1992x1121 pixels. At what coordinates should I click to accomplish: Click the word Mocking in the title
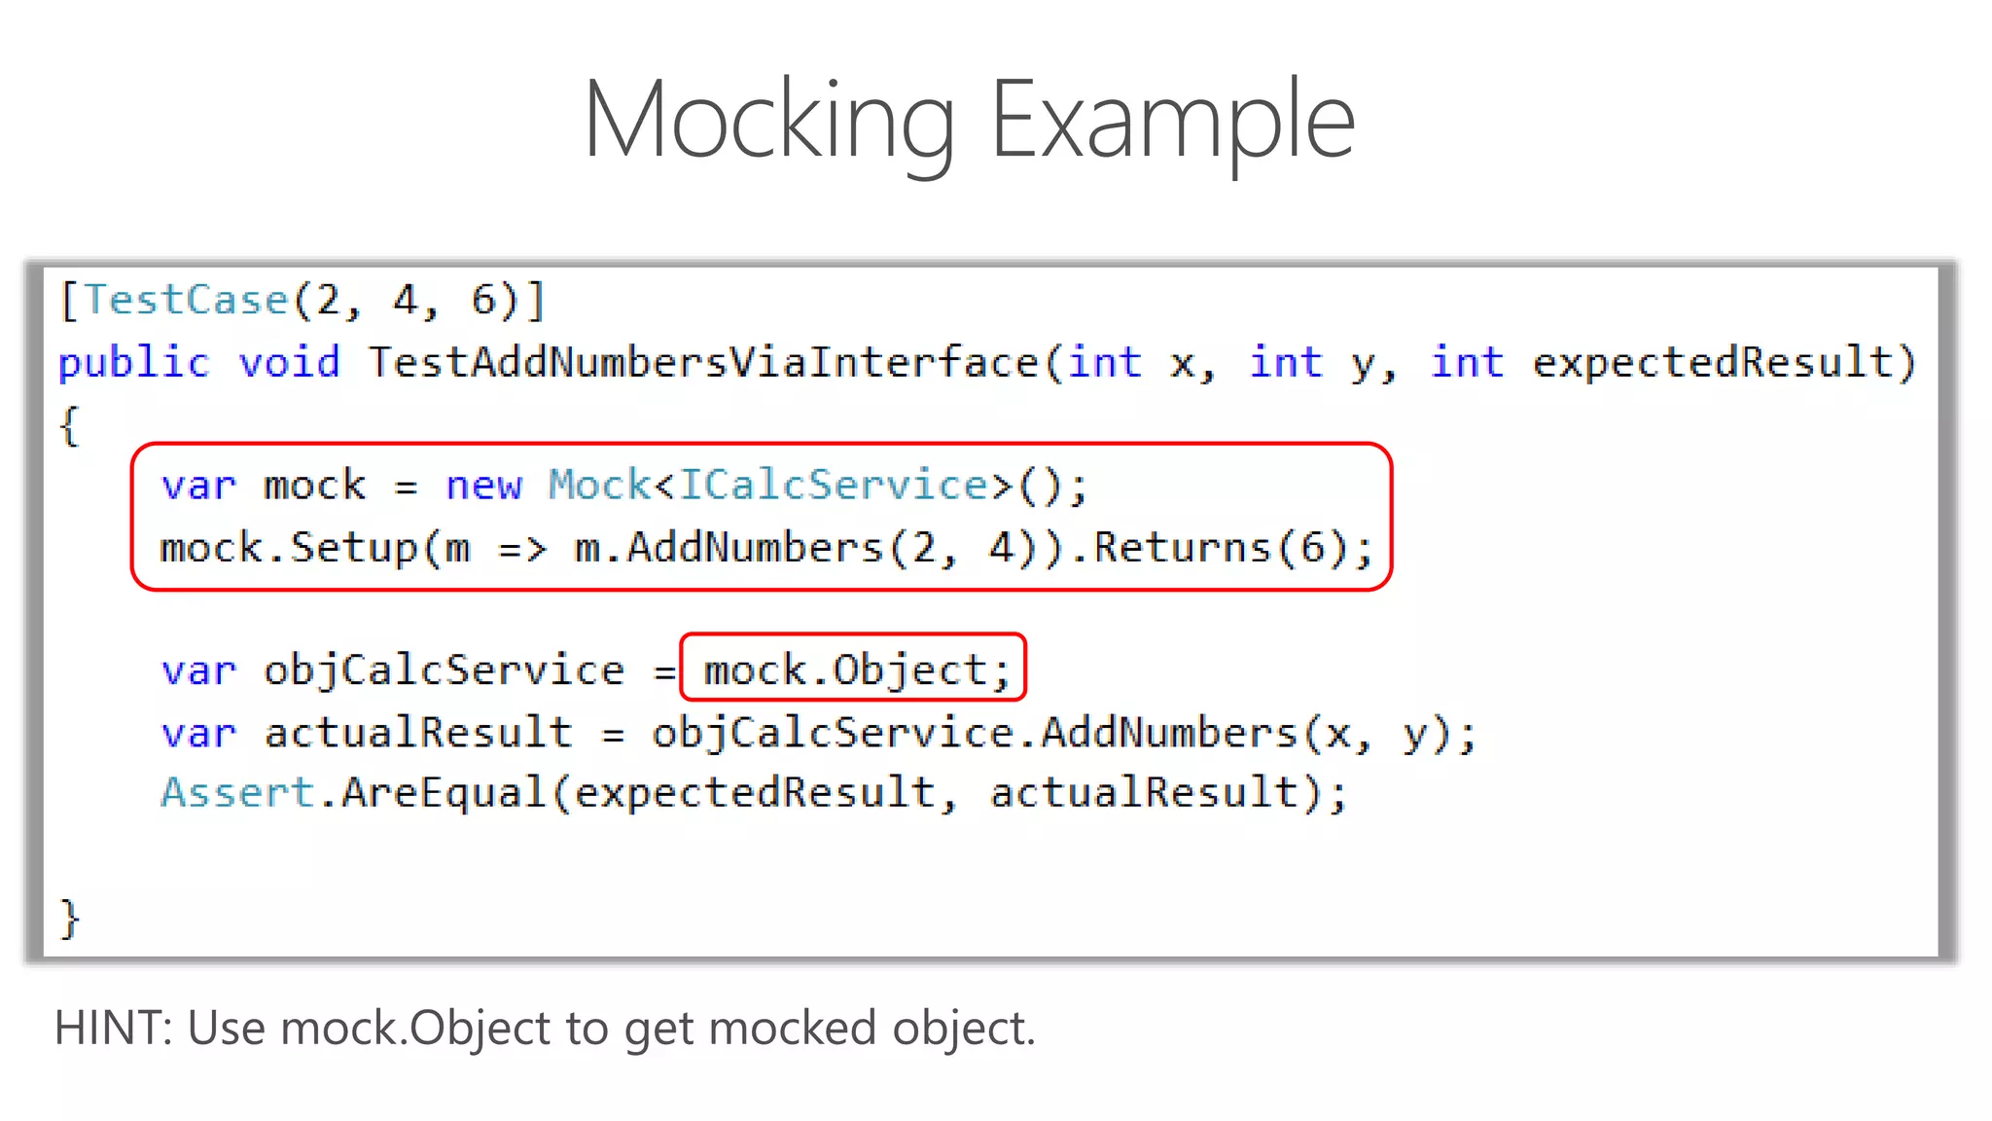point(769,121)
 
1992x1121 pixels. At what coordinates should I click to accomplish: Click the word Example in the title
point(1172,121)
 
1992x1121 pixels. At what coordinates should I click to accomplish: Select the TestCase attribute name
point(186,301)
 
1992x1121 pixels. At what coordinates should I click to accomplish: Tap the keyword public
point(134,363)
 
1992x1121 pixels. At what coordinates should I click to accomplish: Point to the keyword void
point(290,363)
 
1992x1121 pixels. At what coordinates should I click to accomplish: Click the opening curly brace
point(69,425)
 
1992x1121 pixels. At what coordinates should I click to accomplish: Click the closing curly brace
point(69,918)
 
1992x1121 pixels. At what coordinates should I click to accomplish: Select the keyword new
point(483,486)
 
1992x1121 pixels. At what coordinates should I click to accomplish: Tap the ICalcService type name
point(833,486)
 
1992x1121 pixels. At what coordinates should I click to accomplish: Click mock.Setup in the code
point(289,548)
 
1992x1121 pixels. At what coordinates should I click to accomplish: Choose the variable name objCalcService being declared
point(445,670)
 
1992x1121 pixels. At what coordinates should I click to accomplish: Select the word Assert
point(237,793)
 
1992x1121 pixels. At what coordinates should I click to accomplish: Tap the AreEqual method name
point(444,793)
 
